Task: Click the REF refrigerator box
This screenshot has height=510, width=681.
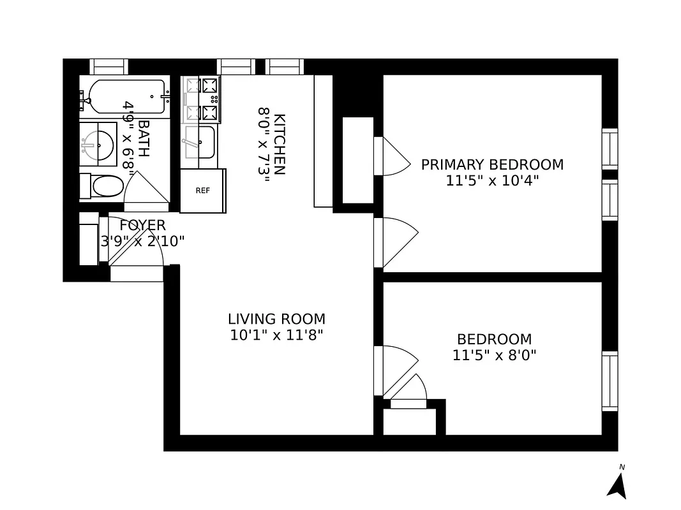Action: tap(202, 191)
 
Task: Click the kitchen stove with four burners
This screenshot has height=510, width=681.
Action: tap(202, 99)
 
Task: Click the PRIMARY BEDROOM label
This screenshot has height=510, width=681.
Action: tap(492, 164)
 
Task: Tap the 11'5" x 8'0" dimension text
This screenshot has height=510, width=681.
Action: tap(494, 355)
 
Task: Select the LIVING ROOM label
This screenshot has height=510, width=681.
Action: tap(276, 319)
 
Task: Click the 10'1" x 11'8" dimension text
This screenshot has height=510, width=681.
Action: tap(276, 335)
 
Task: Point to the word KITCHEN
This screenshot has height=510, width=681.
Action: tap(279, 144)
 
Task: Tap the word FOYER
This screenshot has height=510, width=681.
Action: tap(142, 225)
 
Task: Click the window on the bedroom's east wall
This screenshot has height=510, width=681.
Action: tap(610, 381)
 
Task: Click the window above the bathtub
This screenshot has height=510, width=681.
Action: tap(109, 66)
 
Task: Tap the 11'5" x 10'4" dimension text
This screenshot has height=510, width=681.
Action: tap(492, 180)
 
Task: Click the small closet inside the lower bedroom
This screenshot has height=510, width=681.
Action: tap(408, 421)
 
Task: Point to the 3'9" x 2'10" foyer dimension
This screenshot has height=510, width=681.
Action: tap(142, 241)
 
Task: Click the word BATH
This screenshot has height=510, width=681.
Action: tap(144, 139)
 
